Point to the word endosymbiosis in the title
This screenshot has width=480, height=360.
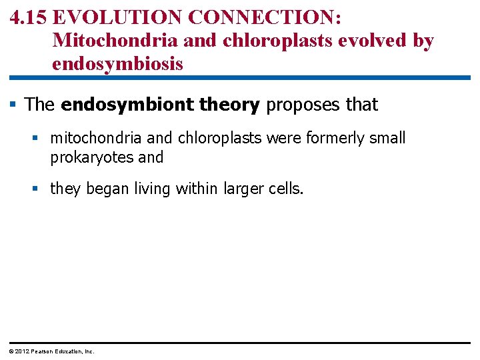(117, 64)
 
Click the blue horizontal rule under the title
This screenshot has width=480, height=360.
(240, 78)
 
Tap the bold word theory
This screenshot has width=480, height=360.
(229, 105)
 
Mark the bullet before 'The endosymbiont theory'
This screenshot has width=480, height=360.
(14, 104)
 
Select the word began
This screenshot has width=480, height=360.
(105, 189)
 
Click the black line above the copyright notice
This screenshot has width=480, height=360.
(240, 343)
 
